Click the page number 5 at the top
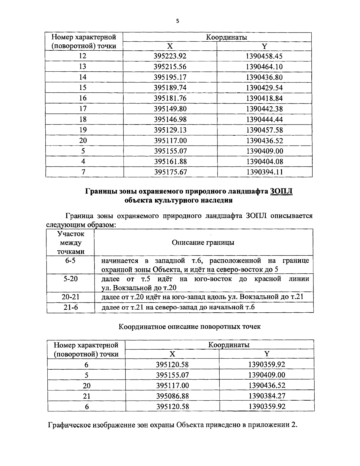tap(177, 21)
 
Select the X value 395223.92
tap(170, 56)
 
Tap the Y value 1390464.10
tap(264, 67)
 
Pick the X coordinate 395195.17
tap(170, 77)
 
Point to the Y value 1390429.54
tap(264, 88)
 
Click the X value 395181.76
tap(170, 98)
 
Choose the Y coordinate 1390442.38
tap(264, 109)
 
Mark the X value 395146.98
tap(170, 119)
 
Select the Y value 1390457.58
tap(264, 130)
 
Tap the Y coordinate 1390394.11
tap(265, 172)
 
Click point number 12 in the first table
tap(83, 56)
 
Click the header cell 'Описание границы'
tap(203, 242)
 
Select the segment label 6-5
tap(70, 261)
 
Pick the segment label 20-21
tap(70, 297)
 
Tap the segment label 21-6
tap(70, 307)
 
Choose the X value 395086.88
tap(172, 396)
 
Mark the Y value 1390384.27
tap(267, 396)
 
